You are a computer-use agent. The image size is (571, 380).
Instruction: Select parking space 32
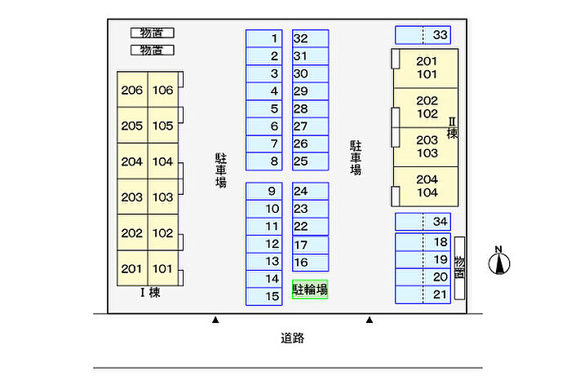310,38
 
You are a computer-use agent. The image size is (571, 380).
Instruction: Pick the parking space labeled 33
423,35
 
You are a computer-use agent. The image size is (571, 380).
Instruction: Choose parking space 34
423,221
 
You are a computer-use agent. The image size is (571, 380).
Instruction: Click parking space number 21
423,294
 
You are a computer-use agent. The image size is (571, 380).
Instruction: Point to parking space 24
310,191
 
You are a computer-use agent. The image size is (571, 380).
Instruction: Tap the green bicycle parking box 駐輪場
310,289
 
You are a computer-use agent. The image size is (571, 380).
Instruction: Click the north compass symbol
499,262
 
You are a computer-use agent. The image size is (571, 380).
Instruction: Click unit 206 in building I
131,91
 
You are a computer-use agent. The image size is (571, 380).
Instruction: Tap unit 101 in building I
162,268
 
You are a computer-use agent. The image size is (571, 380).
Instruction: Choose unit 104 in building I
162,161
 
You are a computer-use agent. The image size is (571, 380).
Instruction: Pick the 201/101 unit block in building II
426,68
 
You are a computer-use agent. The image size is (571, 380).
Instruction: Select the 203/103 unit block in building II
426,146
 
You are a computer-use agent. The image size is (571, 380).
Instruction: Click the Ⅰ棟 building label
149,293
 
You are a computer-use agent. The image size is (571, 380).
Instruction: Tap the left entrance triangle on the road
215,320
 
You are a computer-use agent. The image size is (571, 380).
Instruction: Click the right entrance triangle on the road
370,320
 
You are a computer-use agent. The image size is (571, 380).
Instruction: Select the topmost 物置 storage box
152,33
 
